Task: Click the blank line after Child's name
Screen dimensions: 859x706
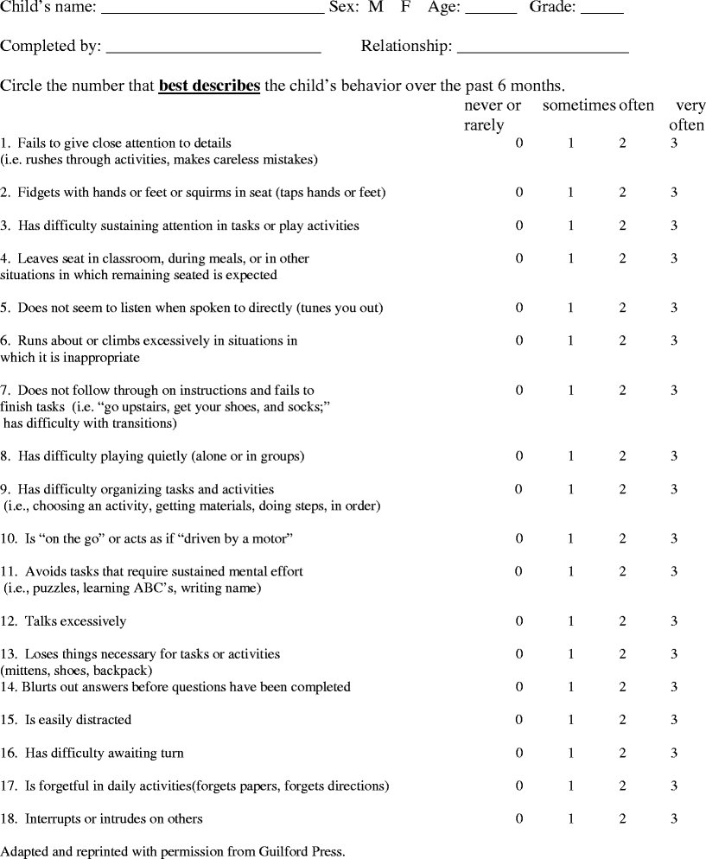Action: (x=213, y=12)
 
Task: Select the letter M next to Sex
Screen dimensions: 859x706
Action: (x=375, y=9)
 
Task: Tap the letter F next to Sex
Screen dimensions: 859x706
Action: (x=405, y=9)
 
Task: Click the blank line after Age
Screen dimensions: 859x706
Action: (x=490, y=12)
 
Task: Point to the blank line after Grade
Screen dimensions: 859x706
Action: (x=601, y=12)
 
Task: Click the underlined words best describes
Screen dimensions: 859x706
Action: (x=209, y=86)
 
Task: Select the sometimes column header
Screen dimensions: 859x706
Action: (x=578, y=105)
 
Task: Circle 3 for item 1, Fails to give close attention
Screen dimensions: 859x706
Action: (x=674, y=143)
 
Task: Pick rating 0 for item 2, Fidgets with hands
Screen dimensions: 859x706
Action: (x=519, y=193)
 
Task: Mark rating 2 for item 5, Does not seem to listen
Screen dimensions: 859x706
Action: (x=622, y=308)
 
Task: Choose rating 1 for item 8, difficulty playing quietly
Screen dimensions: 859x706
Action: (x=570, y=456)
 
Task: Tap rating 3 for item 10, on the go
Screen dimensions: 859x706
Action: (x=674, y=539)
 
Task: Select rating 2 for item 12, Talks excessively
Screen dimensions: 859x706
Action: (x=622, y=621)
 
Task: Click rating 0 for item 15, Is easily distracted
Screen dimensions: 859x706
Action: (x=519, y=720)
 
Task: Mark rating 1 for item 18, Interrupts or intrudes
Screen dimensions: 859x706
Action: (x=570, y=818)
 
